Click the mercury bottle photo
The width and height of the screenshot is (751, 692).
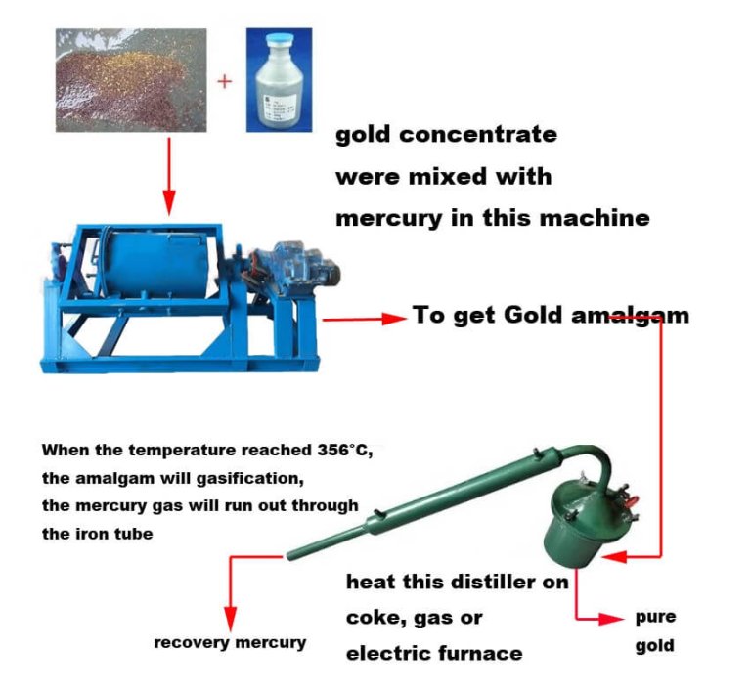point(279,79)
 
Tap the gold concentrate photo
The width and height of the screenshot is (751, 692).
point(129,79)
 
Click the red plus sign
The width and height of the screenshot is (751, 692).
point(225,80)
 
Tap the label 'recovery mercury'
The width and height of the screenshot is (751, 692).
point(231,642)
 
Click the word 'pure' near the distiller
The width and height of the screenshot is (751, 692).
point(655,617)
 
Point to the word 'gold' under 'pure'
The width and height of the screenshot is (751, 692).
point(654,646)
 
